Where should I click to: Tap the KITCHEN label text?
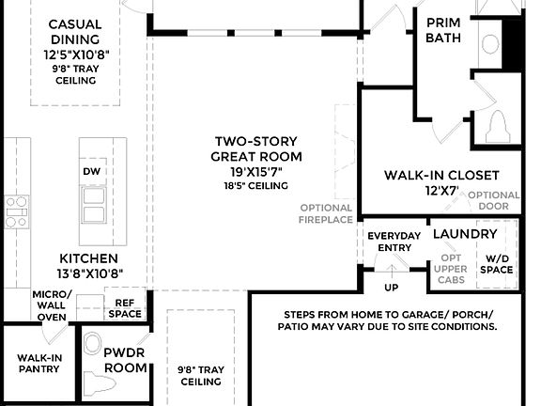(88, 258)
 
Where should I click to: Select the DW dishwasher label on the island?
(91, 172)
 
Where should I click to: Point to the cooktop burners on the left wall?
(15, 212)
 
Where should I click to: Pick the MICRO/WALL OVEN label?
(51, 304)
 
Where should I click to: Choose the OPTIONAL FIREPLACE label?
(327, 213)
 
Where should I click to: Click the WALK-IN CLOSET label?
(441, 175)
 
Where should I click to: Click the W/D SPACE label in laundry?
(498, 263)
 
